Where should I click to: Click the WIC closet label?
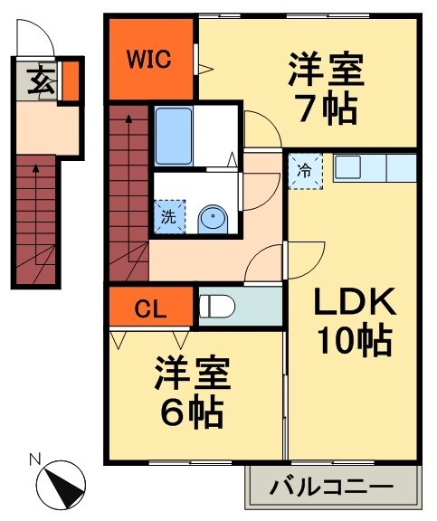tap(148, 61)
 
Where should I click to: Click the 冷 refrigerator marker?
tap(306, 171)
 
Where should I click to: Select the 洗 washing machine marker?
tap(168, 216)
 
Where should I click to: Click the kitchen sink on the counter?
tap(348, 168)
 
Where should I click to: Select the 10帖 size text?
tap(353, 341)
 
